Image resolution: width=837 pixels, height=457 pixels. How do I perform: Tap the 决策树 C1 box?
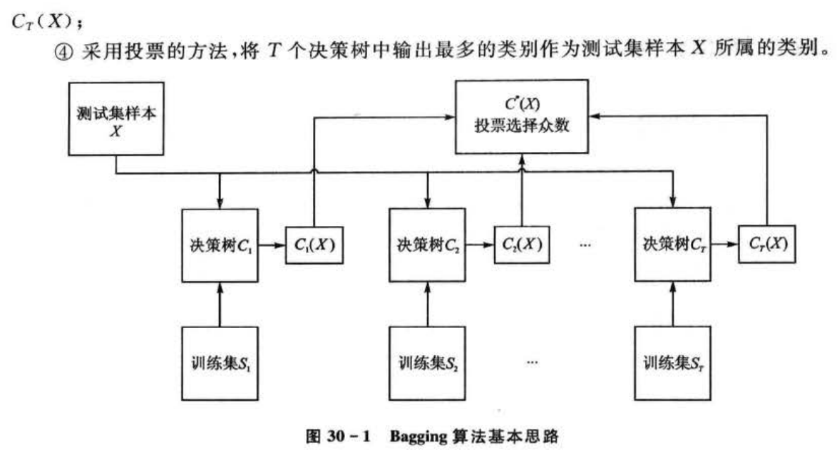pyautogui.click(x=218, y=245)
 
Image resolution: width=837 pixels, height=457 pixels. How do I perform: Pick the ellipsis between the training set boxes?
pyautogui.click(x=532, y=362)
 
